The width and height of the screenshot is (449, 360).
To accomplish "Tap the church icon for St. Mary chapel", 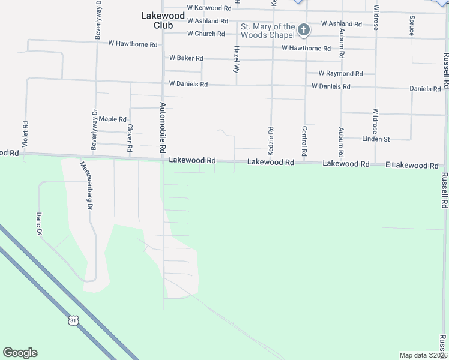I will pos(304,29).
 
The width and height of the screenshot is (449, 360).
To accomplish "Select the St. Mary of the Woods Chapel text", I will pos(268,31).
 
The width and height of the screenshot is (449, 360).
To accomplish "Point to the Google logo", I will pos(20,353).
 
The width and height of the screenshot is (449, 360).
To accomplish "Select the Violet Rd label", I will pos(26,136).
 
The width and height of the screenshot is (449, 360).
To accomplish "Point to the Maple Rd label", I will pos(112,119).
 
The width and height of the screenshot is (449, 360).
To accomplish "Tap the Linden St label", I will pos(376,139).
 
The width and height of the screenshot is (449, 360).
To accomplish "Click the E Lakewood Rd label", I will pos(412,165).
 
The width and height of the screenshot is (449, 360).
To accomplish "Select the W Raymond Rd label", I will pos(340,73).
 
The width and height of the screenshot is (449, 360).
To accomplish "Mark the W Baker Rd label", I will pos(186,58).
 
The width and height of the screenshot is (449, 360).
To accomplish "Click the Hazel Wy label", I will pos(237,59).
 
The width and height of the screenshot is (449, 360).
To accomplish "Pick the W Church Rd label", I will pos(205,34).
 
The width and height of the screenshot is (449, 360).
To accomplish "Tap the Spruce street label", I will pos(412,26).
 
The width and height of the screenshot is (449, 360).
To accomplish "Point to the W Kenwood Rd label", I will pos(209,8).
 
